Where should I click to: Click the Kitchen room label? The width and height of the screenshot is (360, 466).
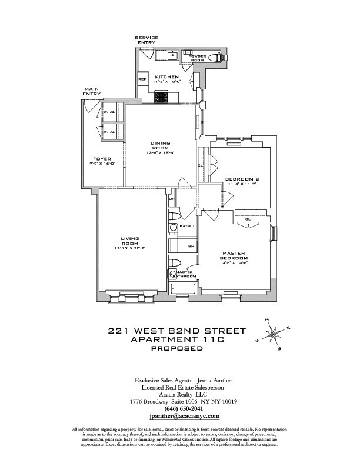pyautogui.click(x=163, y=77)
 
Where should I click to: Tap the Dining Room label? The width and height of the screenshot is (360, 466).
pyautogui.click(x=161, y=146)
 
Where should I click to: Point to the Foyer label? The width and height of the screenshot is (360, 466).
pyautogui.click(x=102, y=158)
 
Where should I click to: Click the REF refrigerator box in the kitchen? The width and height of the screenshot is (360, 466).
pyautogui.click(x=142, y=79)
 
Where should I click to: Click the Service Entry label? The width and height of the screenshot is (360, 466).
pyautogui.click(x=146, y=40)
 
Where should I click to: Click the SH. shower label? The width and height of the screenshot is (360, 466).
pyautogui.click(x=191, y=247)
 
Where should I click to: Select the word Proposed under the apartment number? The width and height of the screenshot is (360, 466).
pyautogui.click(x=177, y=348)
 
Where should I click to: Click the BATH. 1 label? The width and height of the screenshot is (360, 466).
pyautogui.click(x=194, y=225)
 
